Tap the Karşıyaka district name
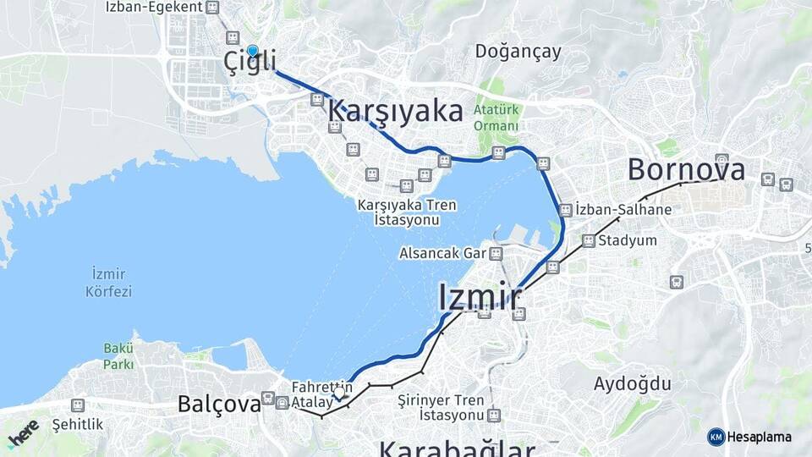coord(395,112)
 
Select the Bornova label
coord(686,169)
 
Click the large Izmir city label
coord(480,297)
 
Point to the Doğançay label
coord(518,52)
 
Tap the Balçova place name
coord(219,405)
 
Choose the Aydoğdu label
coord(632,383)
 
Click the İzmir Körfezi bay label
coord(108,283)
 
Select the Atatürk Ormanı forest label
coord(496,118)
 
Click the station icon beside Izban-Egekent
coord(212,8)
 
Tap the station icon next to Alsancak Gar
coord(496,253)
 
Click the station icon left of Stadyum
coord(589,241)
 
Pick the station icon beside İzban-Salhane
coord(565,209)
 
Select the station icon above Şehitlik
coord(78,405)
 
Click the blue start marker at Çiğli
coord(252,51)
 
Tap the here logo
coord(22,432)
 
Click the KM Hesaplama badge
coord(749,437)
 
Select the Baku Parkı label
coord(119,355)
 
